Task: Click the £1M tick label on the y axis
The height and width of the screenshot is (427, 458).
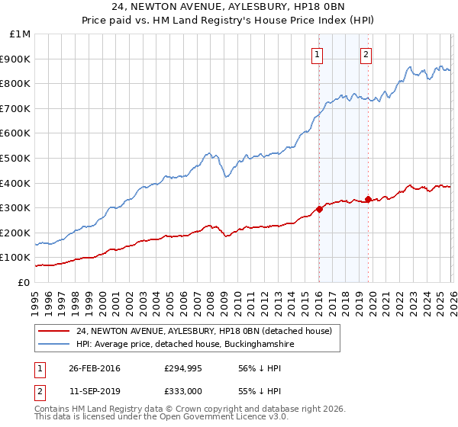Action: click(x=21, y=34)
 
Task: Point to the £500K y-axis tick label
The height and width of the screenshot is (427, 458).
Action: click(x=17, y=158)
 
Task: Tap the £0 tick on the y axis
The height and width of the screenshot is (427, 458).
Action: click(x=24, y=282)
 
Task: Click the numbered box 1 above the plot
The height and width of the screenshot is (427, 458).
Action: click(x=316, y=54)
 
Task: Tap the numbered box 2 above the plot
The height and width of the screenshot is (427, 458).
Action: click(x=366, y=54)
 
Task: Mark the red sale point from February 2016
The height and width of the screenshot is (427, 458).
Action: click(x=319, y=209)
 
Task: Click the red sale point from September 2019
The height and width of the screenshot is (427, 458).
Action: click(x=368, y=200)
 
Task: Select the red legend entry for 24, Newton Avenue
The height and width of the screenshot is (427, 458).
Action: click(x=204, y=331)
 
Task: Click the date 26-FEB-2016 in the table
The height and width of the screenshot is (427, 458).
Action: click(x=94, y=368)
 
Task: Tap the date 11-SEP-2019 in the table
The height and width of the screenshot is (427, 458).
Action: click(x=94, y=393)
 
